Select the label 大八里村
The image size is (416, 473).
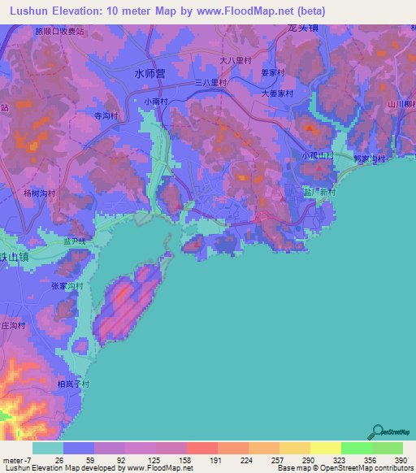[x=237, y=60]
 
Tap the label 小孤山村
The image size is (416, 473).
[x=317, y=154]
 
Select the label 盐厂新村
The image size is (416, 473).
[x=319, y=192]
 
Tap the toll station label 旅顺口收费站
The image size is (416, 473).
[x=59, y=30]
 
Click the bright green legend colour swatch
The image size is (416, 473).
[x=356, y=448]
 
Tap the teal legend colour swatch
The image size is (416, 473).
[x=48, y=448]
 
